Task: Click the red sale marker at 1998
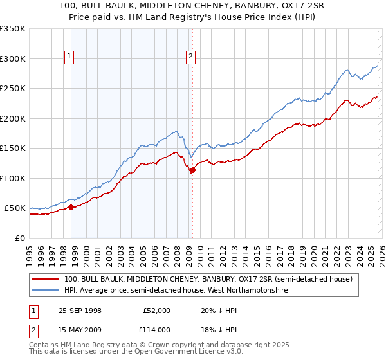[x=71, y=207]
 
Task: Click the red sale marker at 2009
[x=192, y=170]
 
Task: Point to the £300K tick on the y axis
[x=13, y=59]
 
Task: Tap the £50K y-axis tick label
[x=15, y=208]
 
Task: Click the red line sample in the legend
[x=46, y=280]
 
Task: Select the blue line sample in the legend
[x=46, y=291]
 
